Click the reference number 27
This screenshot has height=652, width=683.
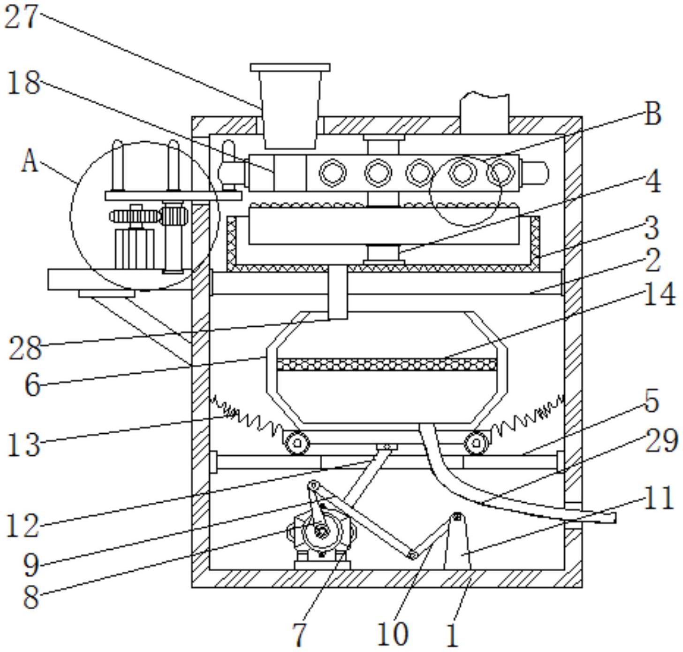(x=20, y=16)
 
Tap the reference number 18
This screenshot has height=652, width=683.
(x=23, y=83)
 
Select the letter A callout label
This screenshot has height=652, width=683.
(x=30, y=162)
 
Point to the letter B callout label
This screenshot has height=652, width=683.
(x=653, y=114)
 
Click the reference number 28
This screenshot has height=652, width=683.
(x=25, y=348)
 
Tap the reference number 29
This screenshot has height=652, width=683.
(x=661, y=440)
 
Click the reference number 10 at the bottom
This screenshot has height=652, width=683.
(x=393, y=634)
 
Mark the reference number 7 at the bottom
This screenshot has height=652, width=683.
(x=299, y=634)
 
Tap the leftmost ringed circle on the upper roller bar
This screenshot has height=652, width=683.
(x=333, y=173)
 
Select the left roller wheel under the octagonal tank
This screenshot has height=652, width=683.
(x=297, y=443)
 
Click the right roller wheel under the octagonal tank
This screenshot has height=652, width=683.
(x=477, y=443)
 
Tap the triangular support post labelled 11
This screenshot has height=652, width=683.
(x=457, y=543)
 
